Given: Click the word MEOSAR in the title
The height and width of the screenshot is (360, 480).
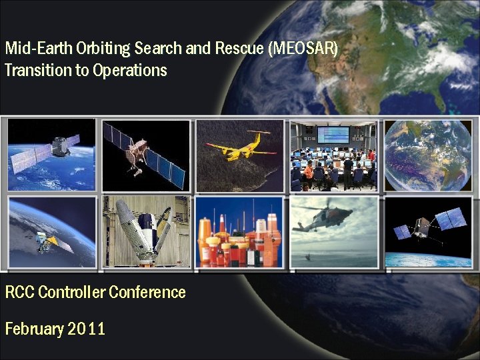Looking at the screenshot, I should pos(303,49).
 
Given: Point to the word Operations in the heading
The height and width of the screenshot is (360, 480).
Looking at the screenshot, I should pos(130,70).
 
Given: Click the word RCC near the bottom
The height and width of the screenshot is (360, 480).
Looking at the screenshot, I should pos(19,292).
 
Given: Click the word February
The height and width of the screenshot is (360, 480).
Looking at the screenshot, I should pos(33,329).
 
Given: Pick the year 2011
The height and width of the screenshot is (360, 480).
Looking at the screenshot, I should pos(87,329).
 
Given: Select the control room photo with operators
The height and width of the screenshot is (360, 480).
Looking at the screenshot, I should pos(333,155).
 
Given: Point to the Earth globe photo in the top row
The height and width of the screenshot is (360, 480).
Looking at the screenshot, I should pos(428,155).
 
